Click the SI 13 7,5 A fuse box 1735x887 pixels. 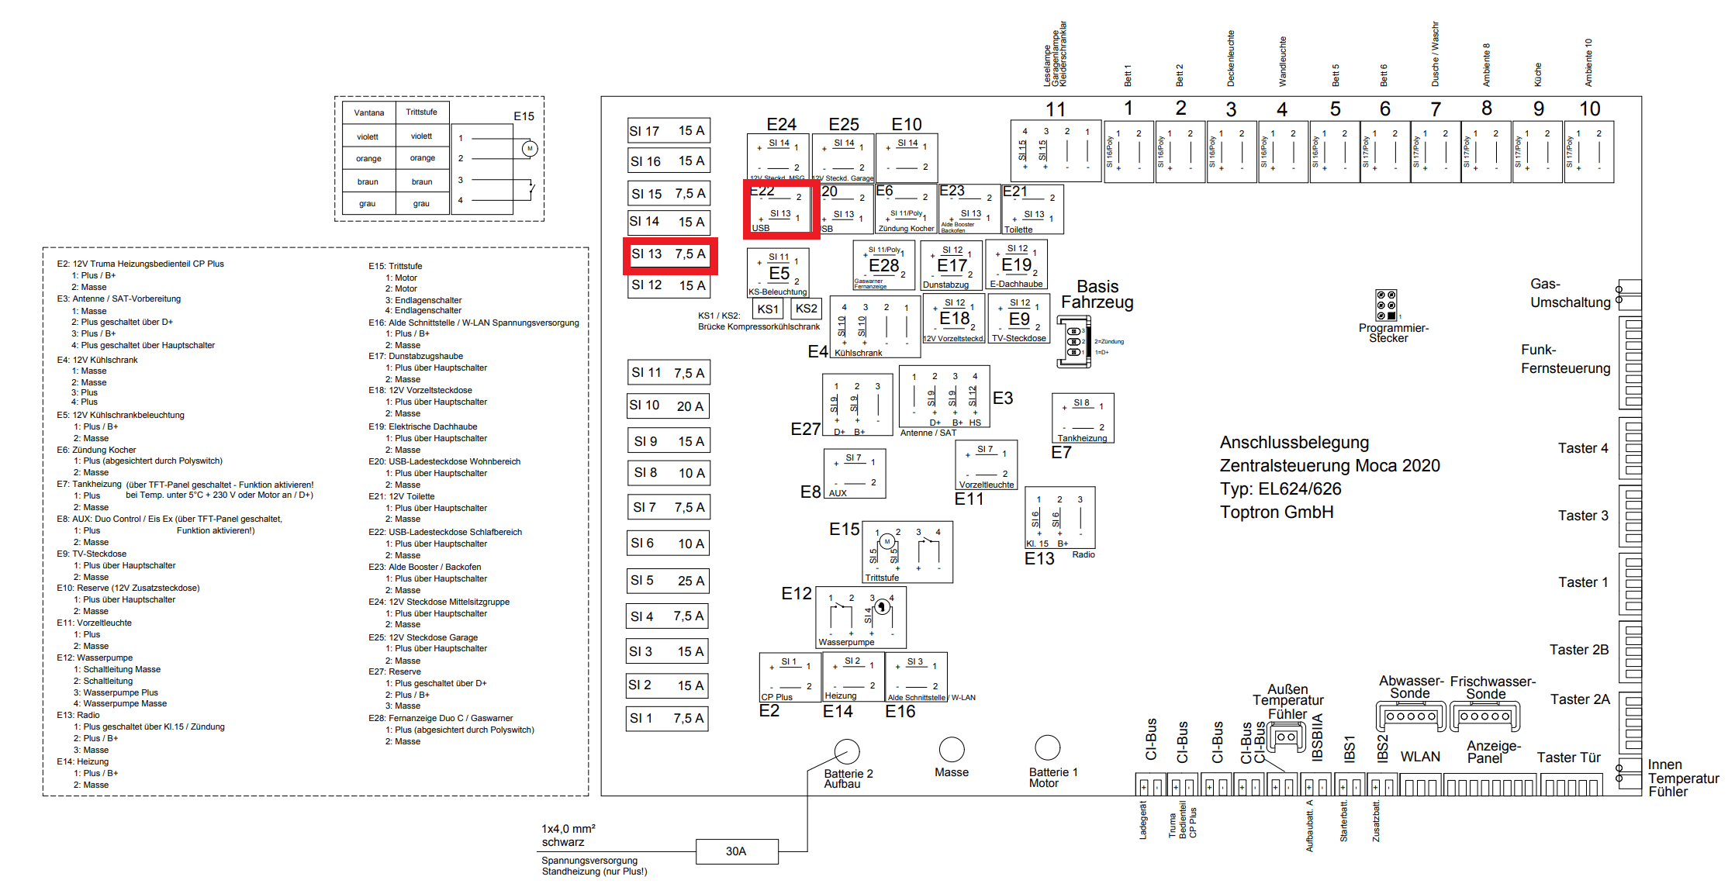click(669, 254)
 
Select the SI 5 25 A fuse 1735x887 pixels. click(667, 581)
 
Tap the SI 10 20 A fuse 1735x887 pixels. click(667, 406)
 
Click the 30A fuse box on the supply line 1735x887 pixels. click(736, 851)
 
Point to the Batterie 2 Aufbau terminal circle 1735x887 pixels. click(846, 751)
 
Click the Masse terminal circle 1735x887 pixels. click(951, 749)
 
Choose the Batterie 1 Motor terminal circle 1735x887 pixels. click(1047, 747)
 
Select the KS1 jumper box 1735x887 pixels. click(767, 309)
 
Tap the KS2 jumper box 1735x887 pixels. click(806, 309)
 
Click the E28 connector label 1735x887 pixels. click(883, 266)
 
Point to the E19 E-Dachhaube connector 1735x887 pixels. click(1016, 265)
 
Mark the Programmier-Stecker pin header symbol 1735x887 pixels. click(1386, 305)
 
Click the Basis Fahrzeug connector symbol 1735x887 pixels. click(1073, 342)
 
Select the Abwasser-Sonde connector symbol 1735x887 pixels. click(1411, 716)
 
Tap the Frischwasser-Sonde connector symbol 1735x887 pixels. click(1484, 716)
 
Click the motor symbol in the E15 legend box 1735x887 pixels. click(530, 148)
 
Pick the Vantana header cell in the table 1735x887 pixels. click(369, 112)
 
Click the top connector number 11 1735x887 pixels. click(1055, 109)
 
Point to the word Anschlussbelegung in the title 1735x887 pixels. click(1294, 443)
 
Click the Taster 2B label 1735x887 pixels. click(1578, 650)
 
